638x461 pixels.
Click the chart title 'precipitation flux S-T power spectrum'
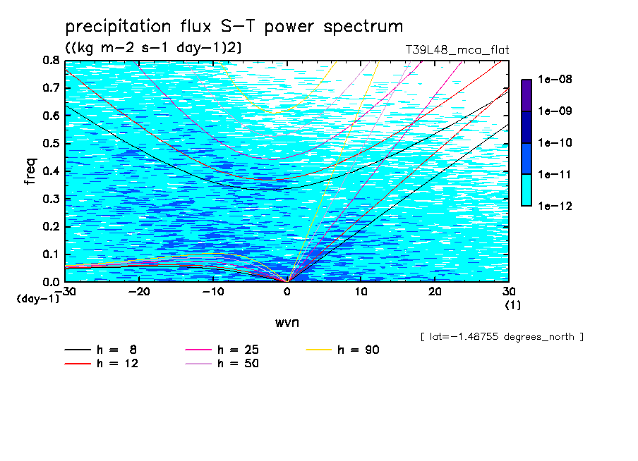(234, 27)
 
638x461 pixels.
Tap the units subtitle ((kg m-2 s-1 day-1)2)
(153, 48)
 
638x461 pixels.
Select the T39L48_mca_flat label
(457, 49)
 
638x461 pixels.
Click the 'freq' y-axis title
(31, 172)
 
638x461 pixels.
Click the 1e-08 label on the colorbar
(553, 80)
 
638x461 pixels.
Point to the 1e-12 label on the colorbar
(553, 205)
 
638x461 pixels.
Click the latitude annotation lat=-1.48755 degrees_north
(501, 337)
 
